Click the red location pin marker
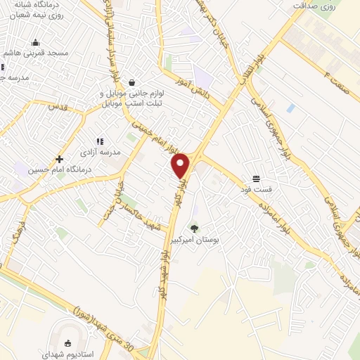[x=181, y=165]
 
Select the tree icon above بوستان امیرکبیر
[x=195, y=227]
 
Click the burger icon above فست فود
[x=257, y=178]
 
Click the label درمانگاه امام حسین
[x=51, y=170]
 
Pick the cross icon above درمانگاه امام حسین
[x=60, y=159]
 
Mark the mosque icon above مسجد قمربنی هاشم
[x=36, y=43]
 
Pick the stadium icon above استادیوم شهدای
[x=67, y=342]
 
